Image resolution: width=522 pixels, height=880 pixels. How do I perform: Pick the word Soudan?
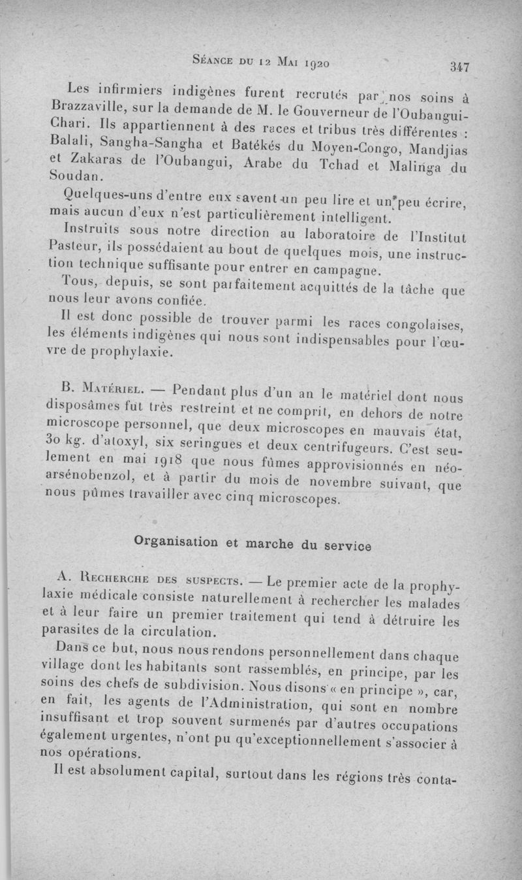click(x=76, y=176)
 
